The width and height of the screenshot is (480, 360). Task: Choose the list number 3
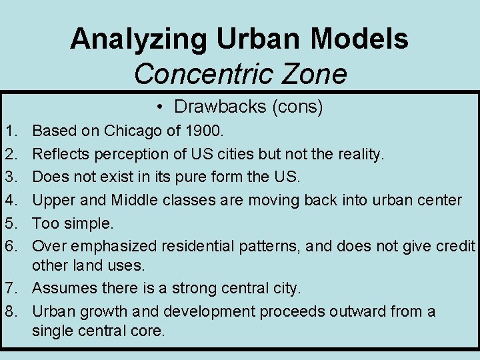(x=9, y=177)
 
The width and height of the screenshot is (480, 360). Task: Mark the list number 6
(x=9, y=246)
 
